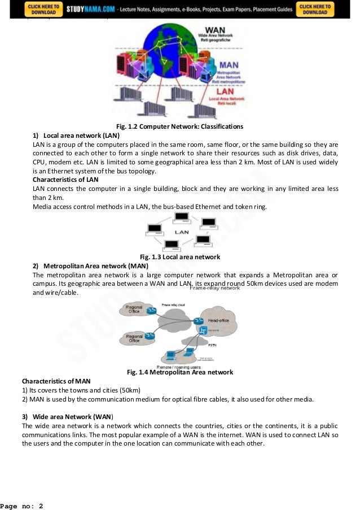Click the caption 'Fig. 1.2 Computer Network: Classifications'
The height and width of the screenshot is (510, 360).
[x=180, y=126]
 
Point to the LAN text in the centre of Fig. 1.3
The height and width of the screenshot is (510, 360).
[x=181, y=232]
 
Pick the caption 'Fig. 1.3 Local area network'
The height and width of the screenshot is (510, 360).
[x=179, y=257]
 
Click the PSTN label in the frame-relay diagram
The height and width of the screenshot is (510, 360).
[x=213, y=344]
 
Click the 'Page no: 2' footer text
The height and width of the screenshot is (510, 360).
[x=22, y=505]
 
